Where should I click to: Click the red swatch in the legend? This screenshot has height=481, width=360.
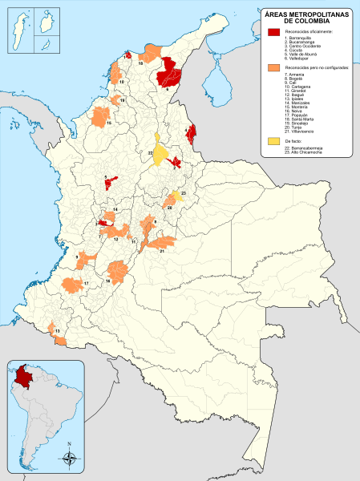pos(274,31)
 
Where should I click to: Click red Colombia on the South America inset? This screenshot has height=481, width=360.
pos(22,376)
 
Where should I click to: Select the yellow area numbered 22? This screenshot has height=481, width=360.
pos(161,152)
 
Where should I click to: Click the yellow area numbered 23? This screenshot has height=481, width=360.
pos(177,198)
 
